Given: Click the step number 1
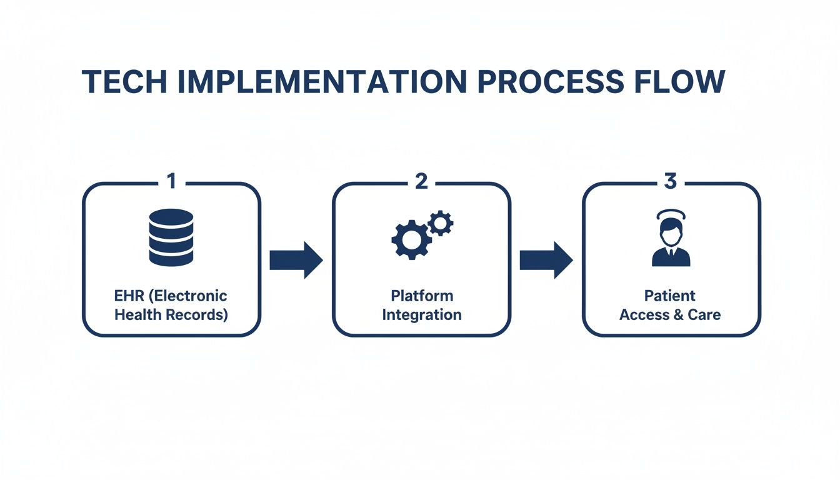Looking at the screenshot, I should [x=171, y=181].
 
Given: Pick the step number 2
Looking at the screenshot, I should [x=421, y=181].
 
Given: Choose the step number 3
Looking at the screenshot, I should [x=671, y=181].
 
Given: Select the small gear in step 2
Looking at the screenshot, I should [x=441, y=222].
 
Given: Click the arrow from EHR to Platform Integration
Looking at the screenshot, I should [x=296, y=259].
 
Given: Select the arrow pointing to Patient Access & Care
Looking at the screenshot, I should [x=546, y=259].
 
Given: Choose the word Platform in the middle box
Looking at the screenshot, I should [x=422, y=296].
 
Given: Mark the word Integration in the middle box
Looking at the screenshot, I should [x=422, y=314].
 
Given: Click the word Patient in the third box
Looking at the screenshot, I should [x=670, y=296].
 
